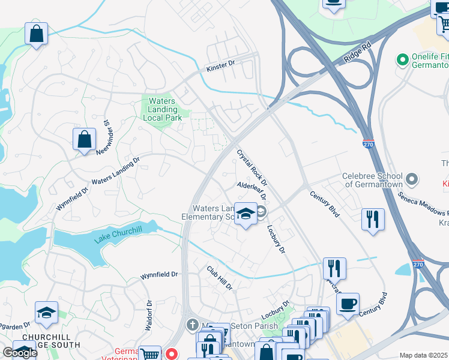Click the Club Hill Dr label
click(x=220, y=278)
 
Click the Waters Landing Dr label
click(x=115, y=171)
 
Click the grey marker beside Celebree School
click(x=411, y=179)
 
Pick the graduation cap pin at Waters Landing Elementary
click(x=246, y=215)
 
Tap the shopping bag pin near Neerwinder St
click(x=85, y=140)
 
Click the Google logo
click(x=20, y=352)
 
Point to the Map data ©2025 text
click(x=423, y=355)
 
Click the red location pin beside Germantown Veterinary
click(x=171, y=354)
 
